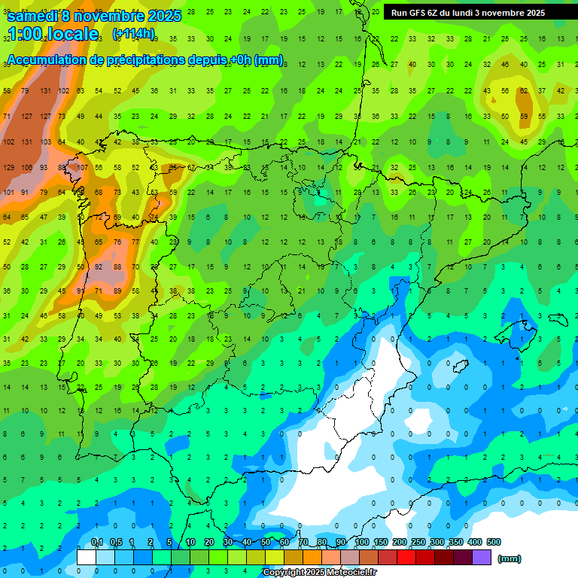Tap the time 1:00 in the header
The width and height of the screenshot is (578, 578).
click(x=23, y=34)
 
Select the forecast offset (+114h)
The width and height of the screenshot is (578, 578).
click(x=133, y=34)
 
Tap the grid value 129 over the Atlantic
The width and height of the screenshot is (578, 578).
click(x=9, y=167)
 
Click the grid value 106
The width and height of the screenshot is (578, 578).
click(x=27, y=167)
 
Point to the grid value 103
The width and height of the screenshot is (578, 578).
click(x=45, y=141)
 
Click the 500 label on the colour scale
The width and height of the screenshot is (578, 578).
click(x=494, y=543)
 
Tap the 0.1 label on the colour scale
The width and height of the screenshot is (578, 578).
click(x=97, y=543)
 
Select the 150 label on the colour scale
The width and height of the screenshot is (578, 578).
click(x=381, y=543)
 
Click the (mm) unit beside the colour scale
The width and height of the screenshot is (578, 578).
click(x=510, y=558)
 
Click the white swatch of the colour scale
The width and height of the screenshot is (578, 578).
click(x=87, y=558)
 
